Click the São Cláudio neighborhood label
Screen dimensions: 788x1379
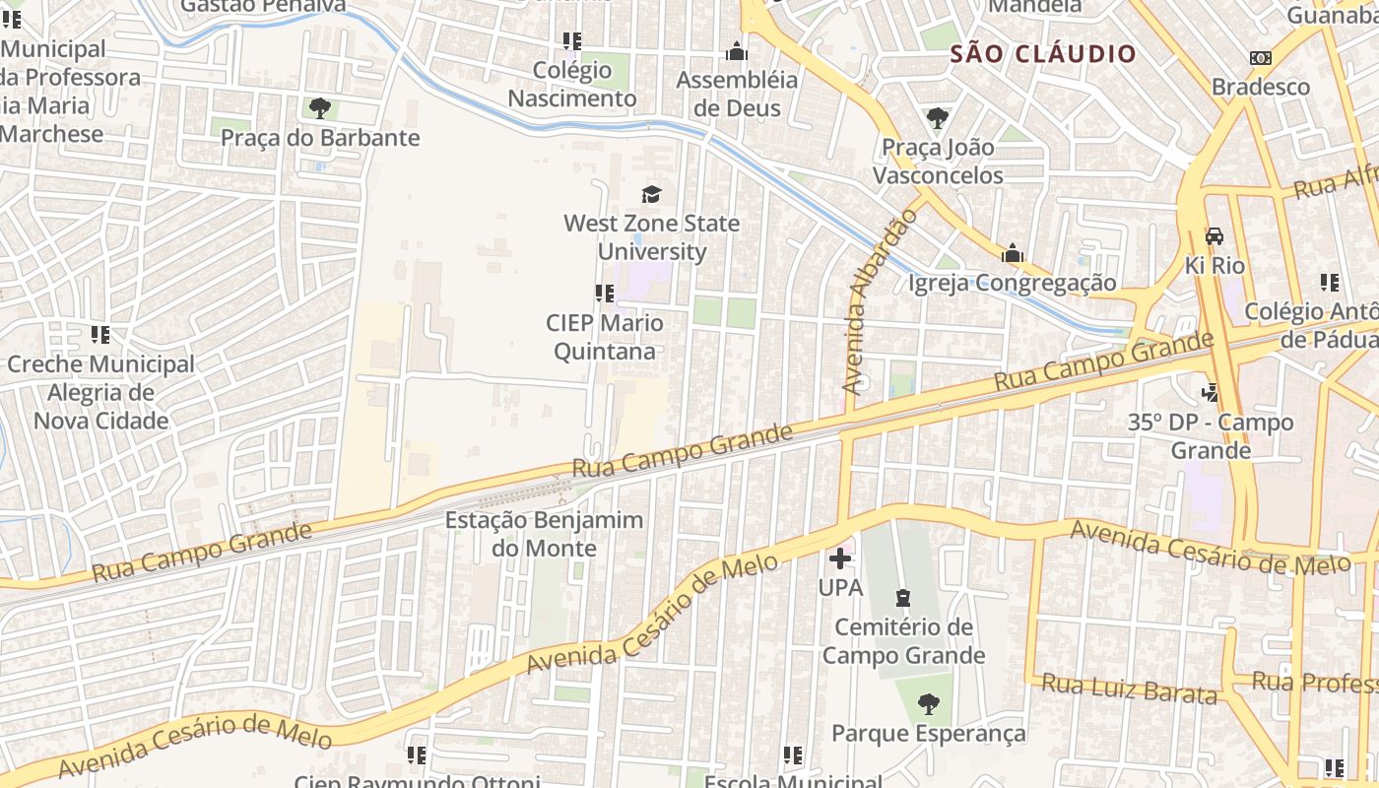(1043, 54)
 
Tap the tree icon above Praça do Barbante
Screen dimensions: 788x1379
(319, 107)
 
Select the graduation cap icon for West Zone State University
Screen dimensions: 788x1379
(651, 194)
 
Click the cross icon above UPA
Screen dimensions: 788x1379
(840, 558)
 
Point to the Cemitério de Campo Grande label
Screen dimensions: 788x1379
(903, 641)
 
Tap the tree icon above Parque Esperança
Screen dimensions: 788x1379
(928, 703)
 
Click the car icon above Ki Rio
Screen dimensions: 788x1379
(1215, 236)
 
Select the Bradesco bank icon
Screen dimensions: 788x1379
(1260, 58)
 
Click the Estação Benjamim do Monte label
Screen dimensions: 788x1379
(544, 534)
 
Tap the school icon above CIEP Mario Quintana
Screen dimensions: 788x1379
(604, 293)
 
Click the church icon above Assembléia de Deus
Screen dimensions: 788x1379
(736, 51)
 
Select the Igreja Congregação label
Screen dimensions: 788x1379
(1012, 284)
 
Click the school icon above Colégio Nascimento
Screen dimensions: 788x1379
(571, 41)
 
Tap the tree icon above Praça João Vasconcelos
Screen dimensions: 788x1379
(937, 118)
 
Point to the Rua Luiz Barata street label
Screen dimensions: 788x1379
(1129, 689)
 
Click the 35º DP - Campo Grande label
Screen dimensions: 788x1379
(1211, 436)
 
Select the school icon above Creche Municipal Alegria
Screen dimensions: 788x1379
(99, 335)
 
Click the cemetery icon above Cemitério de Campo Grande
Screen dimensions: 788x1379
(902, 598)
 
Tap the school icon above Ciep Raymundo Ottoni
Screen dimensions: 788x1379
(417, 755)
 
